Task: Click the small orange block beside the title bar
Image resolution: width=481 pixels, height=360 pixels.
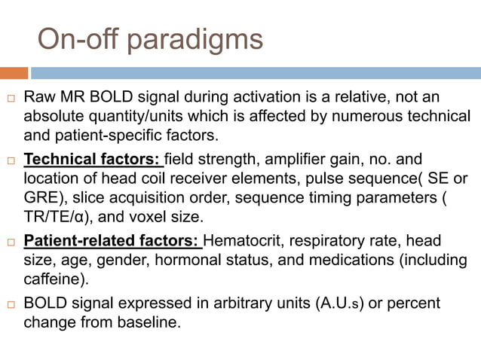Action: tap(14, 72)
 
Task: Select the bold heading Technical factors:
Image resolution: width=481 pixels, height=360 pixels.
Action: tap(92, 160)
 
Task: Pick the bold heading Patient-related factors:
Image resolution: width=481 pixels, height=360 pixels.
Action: tap(112, 241)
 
